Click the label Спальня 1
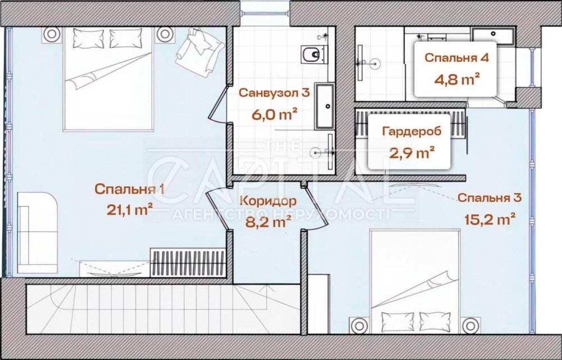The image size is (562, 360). point(130,190)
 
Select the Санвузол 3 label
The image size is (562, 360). point(274,93)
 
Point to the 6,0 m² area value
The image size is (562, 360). point(274,115)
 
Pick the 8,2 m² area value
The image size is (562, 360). point(268,222)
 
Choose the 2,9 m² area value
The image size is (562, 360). point(412,153)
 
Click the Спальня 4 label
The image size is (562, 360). point(456,58)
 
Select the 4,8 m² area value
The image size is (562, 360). point(457,79)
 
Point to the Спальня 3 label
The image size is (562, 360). point(490,197)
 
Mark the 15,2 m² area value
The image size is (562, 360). point(490,218)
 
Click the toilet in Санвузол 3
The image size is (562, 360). point(313,55)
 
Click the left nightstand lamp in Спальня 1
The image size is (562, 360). point(52,34)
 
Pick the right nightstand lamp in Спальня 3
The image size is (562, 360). point(471,325)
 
